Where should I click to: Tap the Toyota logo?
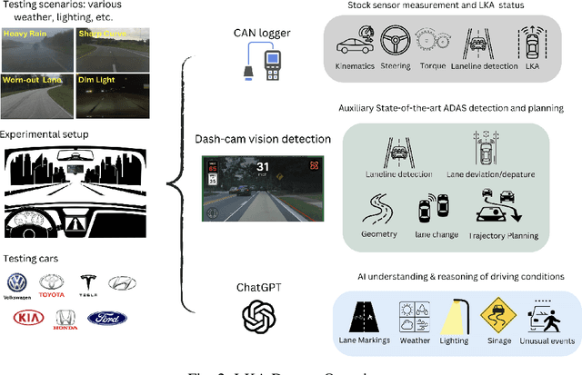(52, 283)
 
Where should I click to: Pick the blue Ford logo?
(107, 318)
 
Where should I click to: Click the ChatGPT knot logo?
(259, 316)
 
